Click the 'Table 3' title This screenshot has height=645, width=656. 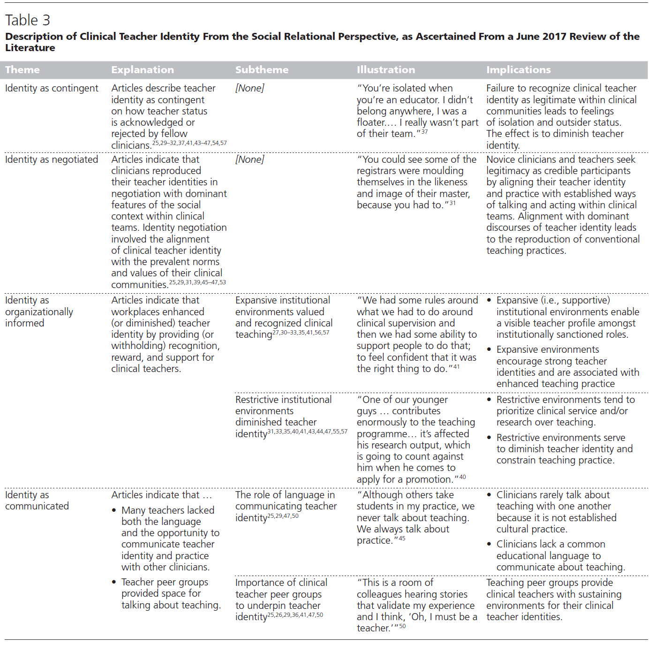point(28,20)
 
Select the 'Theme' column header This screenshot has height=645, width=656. point(23,70)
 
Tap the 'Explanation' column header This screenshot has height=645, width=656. point(143,70)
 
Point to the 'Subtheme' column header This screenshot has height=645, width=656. point(262,70)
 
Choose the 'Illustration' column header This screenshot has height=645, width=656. point(386,70)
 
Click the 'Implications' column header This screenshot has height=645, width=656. point(519,70)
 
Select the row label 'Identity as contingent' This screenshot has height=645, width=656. point(52,88)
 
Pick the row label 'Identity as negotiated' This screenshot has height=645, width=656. point(52,159)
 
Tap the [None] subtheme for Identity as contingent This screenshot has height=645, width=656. point(250,88)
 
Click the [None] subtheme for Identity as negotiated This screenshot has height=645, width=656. point(250,159)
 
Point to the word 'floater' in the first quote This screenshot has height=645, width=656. point(371,122)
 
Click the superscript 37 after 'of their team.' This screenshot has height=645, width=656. point(424,132)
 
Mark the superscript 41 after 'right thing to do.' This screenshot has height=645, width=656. point(456,367)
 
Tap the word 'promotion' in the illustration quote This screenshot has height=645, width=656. point(429,479)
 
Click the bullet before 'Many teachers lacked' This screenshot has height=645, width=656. point(114,510)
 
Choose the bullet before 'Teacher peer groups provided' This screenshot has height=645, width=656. point(114,582)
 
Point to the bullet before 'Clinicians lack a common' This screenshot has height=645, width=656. point(489,544)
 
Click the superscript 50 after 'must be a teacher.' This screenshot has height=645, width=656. point(402,626)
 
